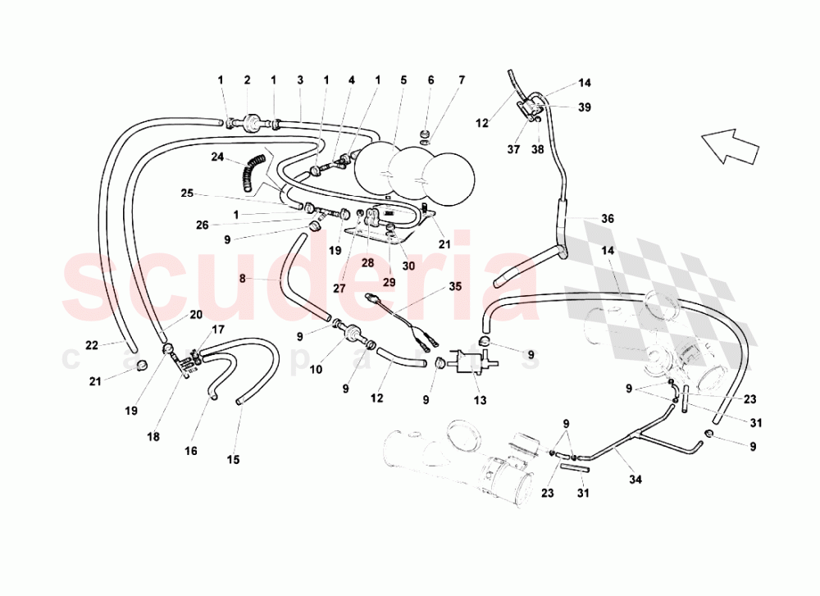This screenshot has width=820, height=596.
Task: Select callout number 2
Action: (247, 80)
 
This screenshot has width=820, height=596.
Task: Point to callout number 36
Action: (607, 219)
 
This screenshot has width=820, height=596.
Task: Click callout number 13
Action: (480, 400)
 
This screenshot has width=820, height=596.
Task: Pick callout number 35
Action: (455, 287)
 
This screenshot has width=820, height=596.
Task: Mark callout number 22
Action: (92, 345)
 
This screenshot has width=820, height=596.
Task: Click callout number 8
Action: (242, 278)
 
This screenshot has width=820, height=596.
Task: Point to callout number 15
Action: (234, 460)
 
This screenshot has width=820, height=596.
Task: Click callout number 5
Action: (403, 80)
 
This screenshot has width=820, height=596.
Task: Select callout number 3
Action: (300, 80)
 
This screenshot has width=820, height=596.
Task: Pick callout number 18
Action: (153, 438)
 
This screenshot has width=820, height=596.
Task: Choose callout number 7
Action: (462, 80)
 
